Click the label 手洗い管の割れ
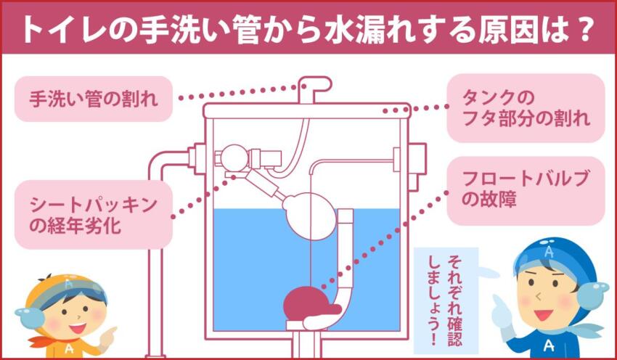tap(93, 98)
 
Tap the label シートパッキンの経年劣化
tap(93, 216)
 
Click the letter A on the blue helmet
tap(548, 253)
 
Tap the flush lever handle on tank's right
tap(417, 157)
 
